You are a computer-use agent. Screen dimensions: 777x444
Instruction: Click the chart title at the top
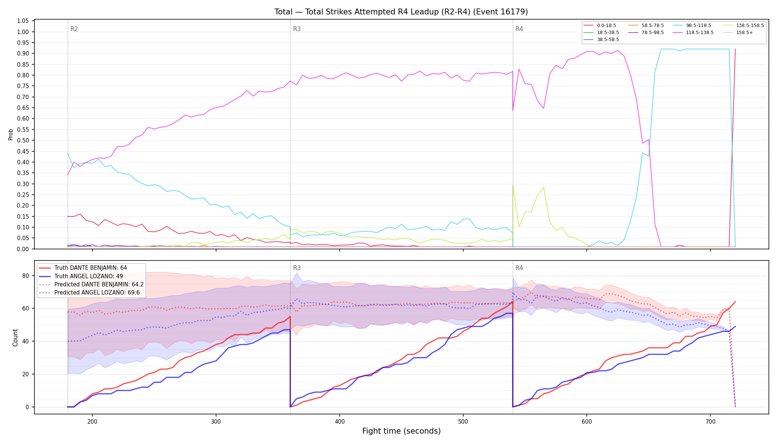tap(401, 12)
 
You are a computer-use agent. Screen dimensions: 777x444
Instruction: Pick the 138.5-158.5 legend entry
tap(744, 26)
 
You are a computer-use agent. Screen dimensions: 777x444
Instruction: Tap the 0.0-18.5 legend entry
tap(600, 26)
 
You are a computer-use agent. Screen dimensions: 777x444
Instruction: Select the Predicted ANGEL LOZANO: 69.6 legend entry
tap(89, 293)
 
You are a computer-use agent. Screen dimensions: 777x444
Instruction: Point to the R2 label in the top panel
tap(74, 29)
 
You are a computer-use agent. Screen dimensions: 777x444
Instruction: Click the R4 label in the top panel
tap(519, 29)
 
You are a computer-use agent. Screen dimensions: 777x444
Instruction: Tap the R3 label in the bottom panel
tap(297, 268)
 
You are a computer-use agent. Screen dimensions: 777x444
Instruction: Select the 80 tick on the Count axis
tap(26, 276)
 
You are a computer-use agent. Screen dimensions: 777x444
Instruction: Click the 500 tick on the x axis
tap(463, 421)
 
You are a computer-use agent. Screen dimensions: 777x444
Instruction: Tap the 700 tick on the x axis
tap(710, 421)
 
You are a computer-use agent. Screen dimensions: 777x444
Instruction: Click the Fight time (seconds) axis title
tap(401, 431)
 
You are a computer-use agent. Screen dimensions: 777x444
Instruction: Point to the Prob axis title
tap(11, 134)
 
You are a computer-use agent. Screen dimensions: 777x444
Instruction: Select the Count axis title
tap(15, 337)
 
